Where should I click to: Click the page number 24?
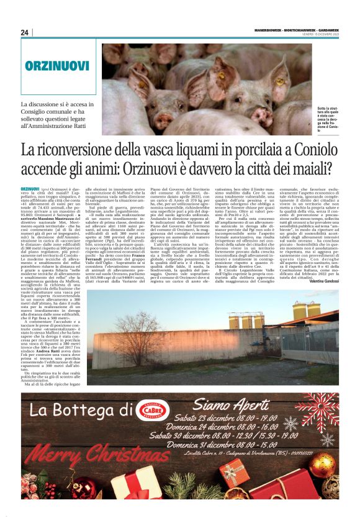click(x=25, y=32)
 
